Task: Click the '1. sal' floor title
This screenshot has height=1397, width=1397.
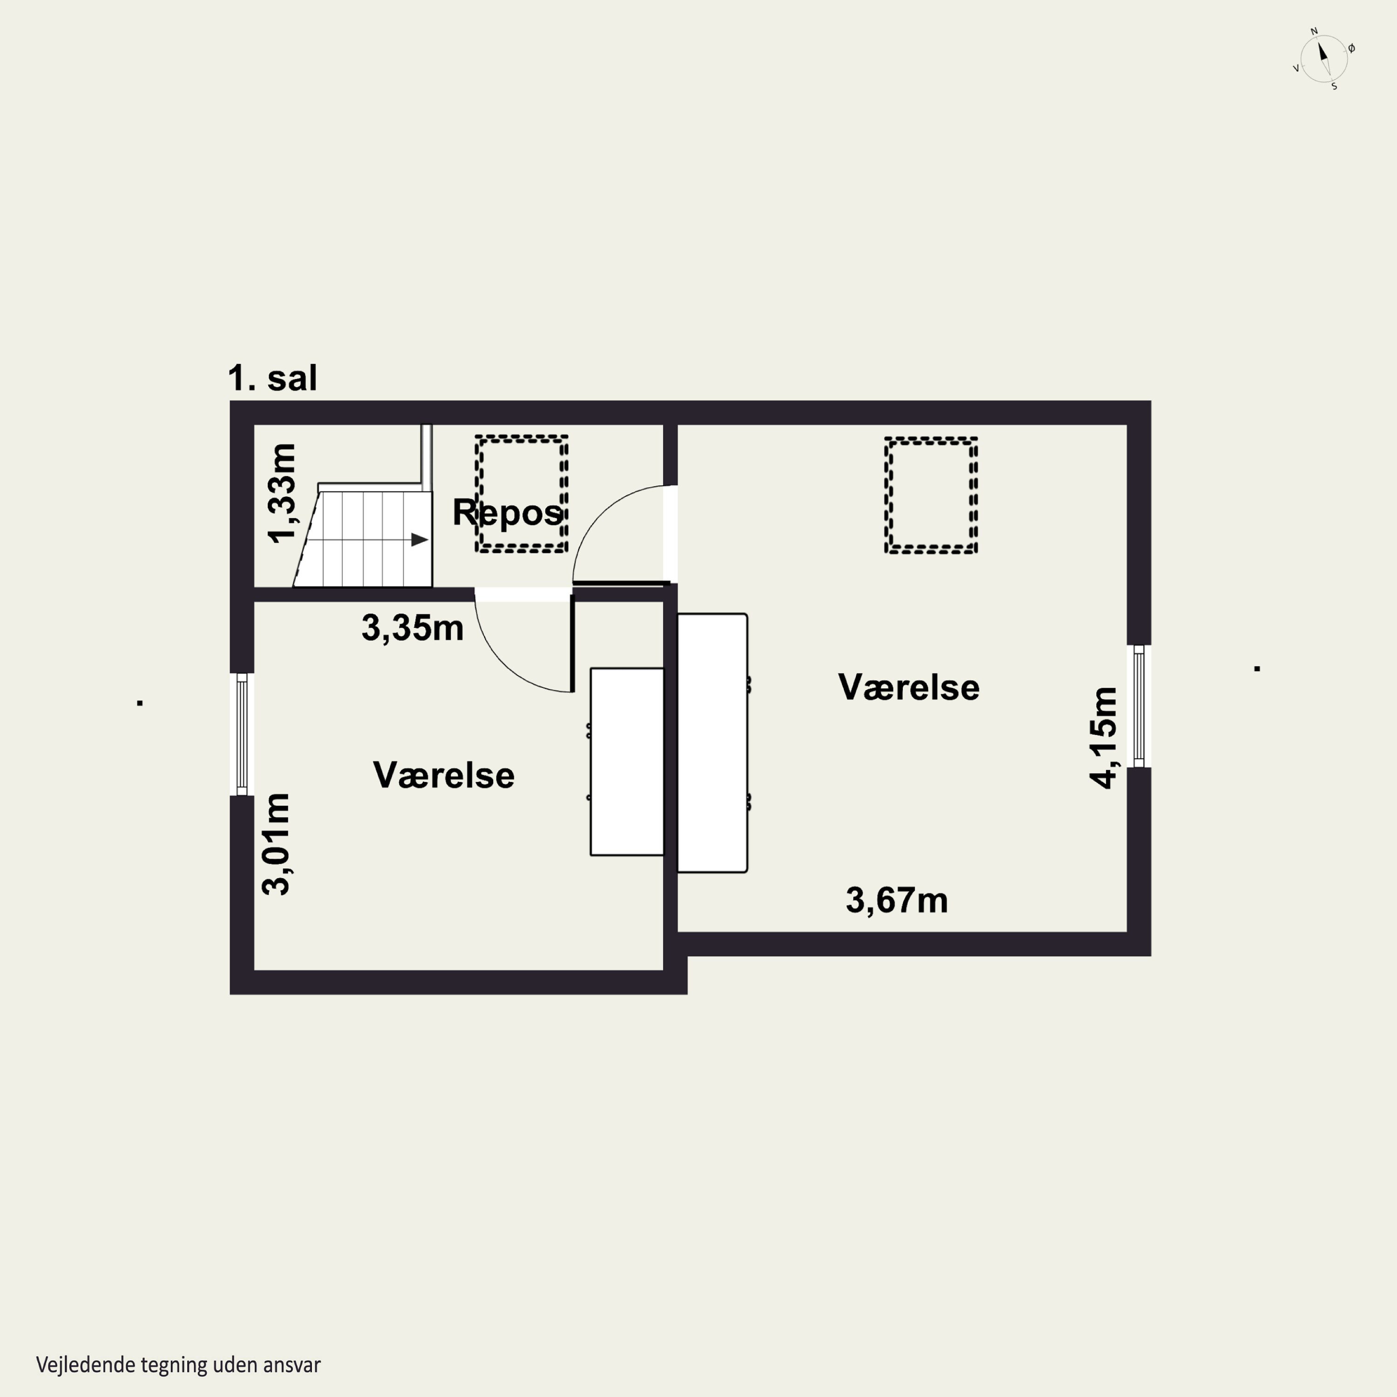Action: pos(272,378)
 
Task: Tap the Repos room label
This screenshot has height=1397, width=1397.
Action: pos(508,513)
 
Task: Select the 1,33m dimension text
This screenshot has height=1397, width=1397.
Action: pos(282,492)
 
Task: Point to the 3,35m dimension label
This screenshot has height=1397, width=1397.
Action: pos(412,628)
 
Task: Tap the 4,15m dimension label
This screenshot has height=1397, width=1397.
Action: pos(1104,738)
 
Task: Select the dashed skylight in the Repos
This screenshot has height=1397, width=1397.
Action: pos(522,494)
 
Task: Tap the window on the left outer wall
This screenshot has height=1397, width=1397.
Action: pos(242,734)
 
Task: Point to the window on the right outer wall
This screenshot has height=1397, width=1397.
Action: pos(1139,706)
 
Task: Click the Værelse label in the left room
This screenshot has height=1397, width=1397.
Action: pos(444,775)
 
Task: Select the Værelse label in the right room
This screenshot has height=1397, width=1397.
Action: pos(909,687)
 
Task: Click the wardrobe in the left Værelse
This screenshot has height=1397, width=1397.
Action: pos(627,761)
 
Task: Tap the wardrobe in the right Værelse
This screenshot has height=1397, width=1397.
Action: pos(712,743)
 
